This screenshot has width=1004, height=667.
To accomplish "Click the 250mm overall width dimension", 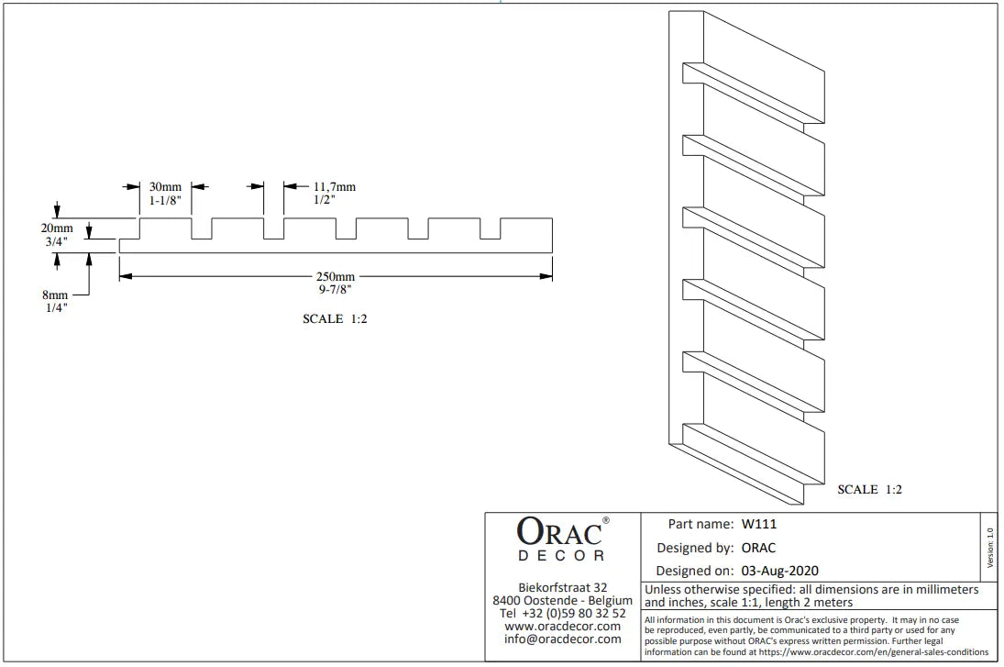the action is click(335, 277).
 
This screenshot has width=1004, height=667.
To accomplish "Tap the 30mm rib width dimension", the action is click(165, 187).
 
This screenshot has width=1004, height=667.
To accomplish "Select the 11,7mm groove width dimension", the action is click(335, 187).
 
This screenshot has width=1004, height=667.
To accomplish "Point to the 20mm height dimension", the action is click(57, 228).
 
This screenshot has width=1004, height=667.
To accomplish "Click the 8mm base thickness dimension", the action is click(55, 295).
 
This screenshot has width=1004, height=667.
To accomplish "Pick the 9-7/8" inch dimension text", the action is click(335, 290).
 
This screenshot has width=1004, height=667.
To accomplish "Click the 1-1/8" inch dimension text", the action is click(165, 201).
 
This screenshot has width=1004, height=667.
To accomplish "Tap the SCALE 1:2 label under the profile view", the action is click(335, 319).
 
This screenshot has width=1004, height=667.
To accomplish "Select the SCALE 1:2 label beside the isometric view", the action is click(869, 490).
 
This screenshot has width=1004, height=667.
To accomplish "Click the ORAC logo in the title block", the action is click(561, 539).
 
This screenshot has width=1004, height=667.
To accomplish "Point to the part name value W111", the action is click(759, 524).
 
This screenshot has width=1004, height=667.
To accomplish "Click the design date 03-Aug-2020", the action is click(780, 571).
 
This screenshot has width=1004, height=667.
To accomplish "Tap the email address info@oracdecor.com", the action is click(562, 639).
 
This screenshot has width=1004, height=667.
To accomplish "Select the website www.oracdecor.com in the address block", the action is click(562, 626).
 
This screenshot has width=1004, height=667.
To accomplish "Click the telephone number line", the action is click(562, 613).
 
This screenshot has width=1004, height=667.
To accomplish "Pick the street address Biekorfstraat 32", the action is click(562, 587).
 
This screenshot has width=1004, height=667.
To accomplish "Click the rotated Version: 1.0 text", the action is click(990, 548).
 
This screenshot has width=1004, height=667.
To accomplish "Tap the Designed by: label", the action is click(695, 548).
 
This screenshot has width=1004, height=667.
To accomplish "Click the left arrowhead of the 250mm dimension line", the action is click(126, 277).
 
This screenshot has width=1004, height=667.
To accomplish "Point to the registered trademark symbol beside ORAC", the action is click(606, 520).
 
